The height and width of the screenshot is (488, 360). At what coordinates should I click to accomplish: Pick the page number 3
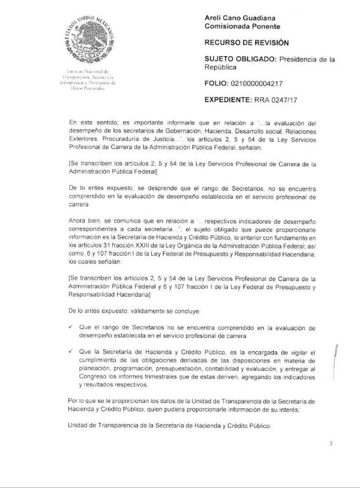pos(331,445)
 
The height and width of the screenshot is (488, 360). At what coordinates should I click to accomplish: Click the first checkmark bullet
pos(70,327)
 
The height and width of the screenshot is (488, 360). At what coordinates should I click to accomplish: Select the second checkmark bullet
pos(70,352)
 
